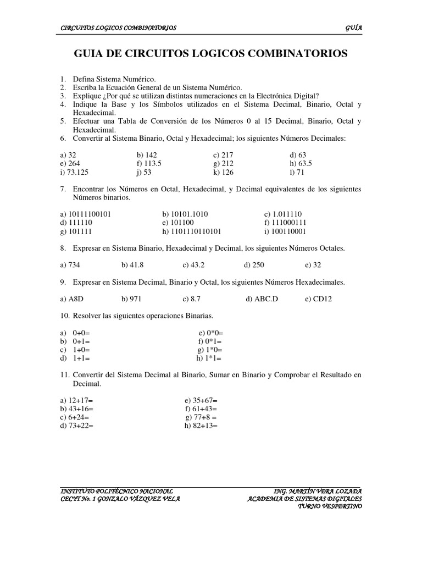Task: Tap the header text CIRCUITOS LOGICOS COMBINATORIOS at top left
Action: [x=118, y=28]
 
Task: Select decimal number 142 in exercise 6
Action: [x=150, y=155]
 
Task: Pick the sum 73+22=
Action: [x=79, y=426]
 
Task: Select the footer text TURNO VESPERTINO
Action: [x=330, y=507]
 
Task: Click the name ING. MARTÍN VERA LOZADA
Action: [x=318, y=490]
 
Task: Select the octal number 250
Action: [x=258, y=264]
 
